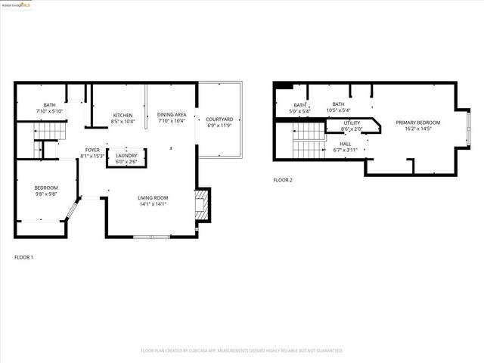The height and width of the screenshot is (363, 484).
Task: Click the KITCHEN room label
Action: [123, 116]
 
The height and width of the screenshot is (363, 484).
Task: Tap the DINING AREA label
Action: [172, 116]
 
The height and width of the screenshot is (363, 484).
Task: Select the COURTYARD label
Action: [219, 119]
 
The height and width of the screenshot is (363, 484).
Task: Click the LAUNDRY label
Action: [126, 156]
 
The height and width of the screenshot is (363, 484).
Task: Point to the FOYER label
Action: [92, 150]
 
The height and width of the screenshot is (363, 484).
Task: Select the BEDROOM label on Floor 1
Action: [45, 188]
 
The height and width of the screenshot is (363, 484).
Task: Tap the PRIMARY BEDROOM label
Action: [417, 123]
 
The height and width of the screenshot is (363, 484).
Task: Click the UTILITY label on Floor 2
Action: [352, 123]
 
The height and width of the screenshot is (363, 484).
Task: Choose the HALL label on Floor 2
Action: [345, 144]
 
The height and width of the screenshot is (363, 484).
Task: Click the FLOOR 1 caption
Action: [24, 257]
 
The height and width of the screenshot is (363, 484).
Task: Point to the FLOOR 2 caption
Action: [283, 180]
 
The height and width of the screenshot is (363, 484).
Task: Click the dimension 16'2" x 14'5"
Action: [417, 129]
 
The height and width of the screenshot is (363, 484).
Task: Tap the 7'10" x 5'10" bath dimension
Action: [49, 111]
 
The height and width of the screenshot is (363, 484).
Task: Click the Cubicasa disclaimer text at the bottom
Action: [242, 351]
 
